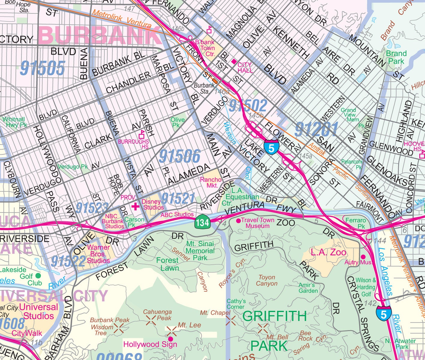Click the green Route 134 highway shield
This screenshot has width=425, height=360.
[x=202, y=223]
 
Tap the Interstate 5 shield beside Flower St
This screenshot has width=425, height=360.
[x=271, y=147]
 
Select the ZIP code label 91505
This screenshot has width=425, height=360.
[x=42, y=68]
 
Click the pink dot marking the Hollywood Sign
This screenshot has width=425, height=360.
[x=170, y=339]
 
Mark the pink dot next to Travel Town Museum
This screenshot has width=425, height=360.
[x=238, y=220]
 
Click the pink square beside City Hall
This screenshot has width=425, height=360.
[x=234, y=61]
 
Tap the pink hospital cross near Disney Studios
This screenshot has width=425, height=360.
[x=136, y=206]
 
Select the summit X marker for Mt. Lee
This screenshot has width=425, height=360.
[x=172, y=331]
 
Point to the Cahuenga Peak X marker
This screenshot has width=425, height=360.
[x=151, y=320]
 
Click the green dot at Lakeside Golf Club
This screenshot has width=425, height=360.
[x=38, y=275]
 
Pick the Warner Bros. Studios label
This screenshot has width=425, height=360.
[x=98, y=254]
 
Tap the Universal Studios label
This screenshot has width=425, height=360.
[x=38, y=311]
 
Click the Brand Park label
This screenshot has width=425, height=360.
[x=396, y=57]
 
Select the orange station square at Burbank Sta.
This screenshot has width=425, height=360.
[x=215, y=81]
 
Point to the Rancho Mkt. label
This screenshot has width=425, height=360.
[x=211, y=182]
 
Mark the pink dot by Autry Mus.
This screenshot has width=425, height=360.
[x=363, y=257]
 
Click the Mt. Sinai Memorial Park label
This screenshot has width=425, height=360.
[x=200, y=251]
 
